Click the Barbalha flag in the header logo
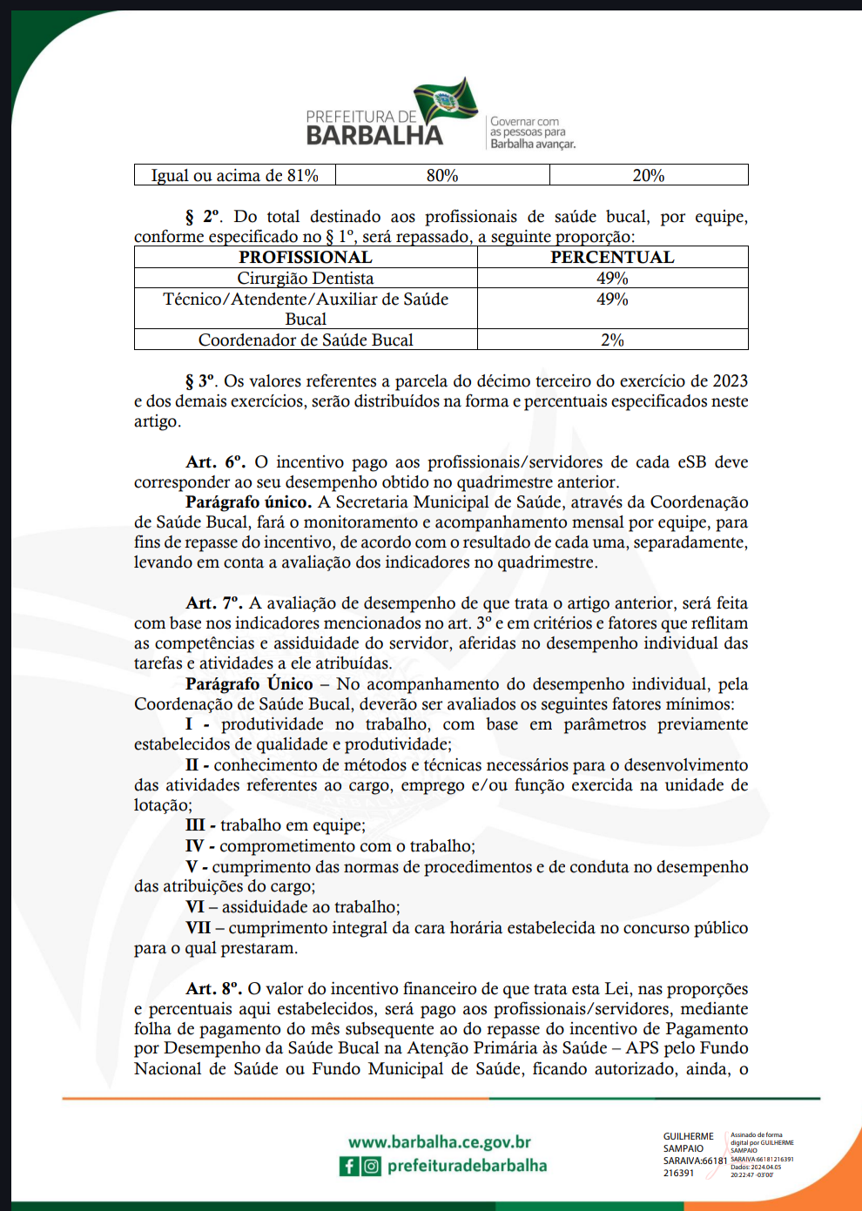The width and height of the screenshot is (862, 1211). tap(446, 101)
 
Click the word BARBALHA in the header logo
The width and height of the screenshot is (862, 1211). tap(374, 136)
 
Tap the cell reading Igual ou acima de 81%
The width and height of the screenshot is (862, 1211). tap(234, 175)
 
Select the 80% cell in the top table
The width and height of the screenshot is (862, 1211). tap(442, 175)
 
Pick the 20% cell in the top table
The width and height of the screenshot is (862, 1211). tap(649, 175)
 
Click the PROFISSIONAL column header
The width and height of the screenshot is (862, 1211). tap(306, 257)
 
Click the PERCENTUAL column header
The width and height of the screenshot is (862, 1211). tap(612, 257)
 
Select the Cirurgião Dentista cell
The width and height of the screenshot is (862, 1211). tap(306, 278)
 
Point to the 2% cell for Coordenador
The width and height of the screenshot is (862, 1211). tap(612, 340)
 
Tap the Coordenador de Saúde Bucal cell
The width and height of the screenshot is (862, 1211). tap(306, 340)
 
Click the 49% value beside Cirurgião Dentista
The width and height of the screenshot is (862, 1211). tap(612, 278)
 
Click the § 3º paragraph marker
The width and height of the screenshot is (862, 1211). tap(200, 381)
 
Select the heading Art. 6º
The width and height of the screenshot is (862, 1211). tap(215, 462)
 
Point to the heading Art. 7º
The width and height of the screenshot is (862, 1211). tap(213, 603)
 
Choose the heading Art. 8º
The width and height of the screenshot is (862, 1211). tap(213, 988)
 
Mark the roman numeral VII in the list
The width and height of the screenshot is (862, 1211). tap(199, 928)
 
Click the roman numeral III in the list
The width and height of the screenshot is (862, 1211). tap(196, 825)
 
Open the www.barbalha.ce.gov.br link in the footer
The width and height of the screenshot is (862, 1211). tap(440, 1142)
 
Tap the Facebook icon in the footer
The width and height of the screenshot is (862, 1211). tap(349, 1166)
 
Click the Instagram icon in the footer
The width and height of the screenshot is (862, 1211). tap(372, 1166)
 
